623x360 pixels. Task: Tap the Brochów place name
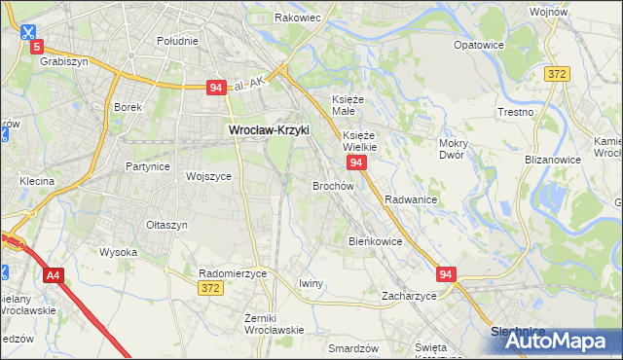[x=332, y=185]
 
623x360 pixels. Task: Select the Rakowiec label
[x=298, y=18]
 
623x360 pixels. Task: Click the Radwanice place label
[x=410, y=198]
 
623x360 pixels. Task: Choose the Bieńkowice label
[x=375, y=240]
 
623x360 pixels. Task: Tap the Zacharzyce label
[x=409, y=295]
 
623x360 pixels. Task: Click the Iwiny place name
[x=311, y=283]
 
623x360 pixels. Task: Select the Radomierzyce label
[x=232, y=274]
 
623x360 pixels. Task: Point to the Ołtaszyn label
[x=166, y=225]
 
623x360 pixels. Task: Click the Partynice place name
[x=148, y=166]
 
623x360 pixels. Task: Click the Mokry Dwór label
[x=454, y=148]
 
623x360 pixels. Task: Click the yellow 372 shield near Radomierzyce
[x=209, y=289]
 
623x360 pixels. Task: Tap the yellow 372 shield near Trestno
[x=557, y=74]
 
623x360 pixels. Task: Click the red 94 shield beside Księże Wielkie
[x=356, y=162]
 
